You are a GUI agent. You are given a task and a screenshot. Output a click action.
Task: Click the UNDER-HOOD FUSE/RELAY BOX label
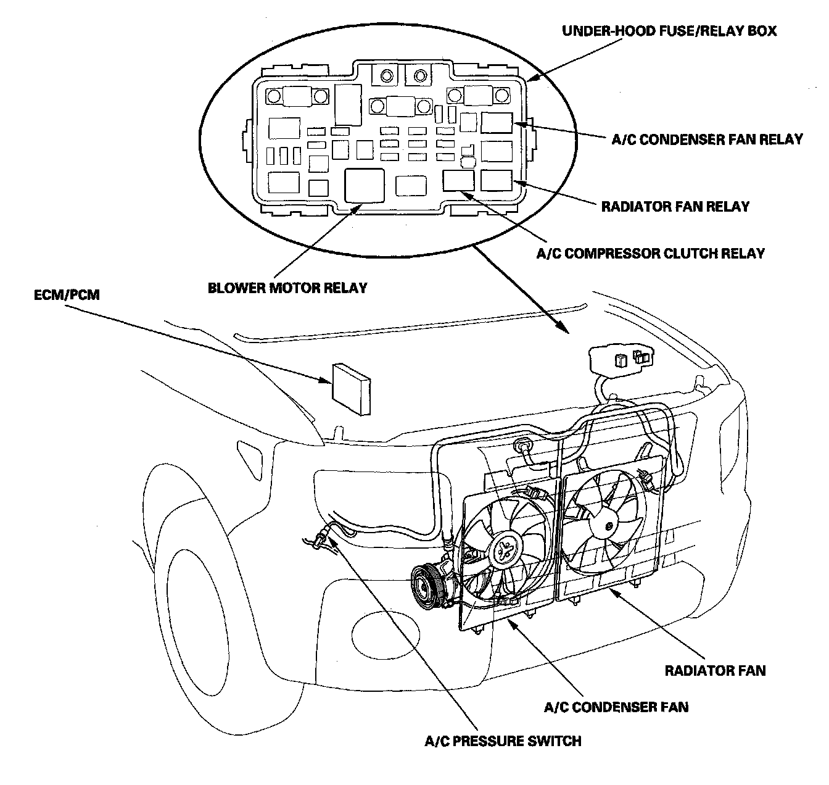[x=669, y=30]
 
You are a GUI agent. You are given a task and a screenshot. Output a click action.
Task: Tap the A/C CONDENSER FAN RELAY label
[x=707, y=139]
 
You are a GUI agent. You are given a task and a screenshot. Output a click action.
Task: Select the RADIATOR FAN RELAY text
[x=675, y=206]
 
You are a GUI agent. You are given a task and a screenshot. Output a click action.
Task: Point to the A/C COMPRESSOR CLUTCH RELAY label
[x=650, y=253]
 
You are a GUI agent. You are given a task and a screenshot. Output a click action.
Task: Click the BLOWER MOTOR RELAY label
[x=287, y=288]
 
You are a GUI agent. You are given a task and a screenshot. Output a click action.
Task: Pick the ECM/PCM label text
[x=67, y=296]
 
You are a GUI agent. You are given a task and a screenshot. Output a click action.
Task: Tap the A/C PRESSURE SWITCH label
[x=503, y=741]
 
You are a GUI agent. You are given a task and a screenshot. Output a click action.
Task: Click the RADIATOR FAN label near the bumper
[x=715, y=670]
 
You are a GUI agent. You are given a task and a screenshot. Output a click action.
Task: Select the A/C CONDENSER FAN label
[x=616, y=707]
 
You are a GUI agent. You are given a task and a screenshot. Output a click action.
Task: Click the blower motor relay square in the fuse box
[x=365, y=184]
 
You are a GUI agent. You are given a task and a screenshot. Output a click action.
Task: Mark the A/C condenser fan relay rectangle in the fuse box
[x=497, y=123]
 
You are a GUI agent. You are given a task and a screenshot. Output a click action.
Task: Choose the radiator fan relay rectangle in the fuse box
[x=497, y=180]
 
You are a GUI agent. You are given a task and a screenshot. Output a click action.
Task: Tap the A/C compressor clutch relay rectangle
[x=458, y=180]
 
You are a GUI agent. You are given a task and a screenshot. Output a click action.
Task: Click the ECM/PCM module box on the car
[x=352, y=389]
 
